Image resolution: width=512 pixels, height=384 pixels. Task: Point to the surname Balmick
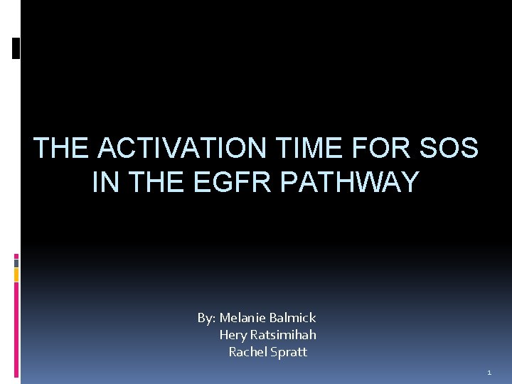click(292, 318)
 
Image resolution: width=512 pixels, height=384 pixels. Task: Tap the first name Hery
click(232, 335)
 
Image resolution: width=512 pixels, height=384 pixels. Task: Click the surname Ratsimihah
click(282, 335)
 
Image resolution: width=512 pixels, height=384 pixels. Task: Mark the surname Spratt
click(289, 352)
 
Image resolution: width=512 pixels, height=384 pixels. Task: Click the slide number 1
click(489, 373)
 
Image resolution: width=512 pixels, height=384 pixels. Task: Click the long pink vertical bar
click(16, 327)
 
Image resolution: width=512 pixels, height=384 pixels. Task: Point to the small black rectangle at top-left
click(16, 48)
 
